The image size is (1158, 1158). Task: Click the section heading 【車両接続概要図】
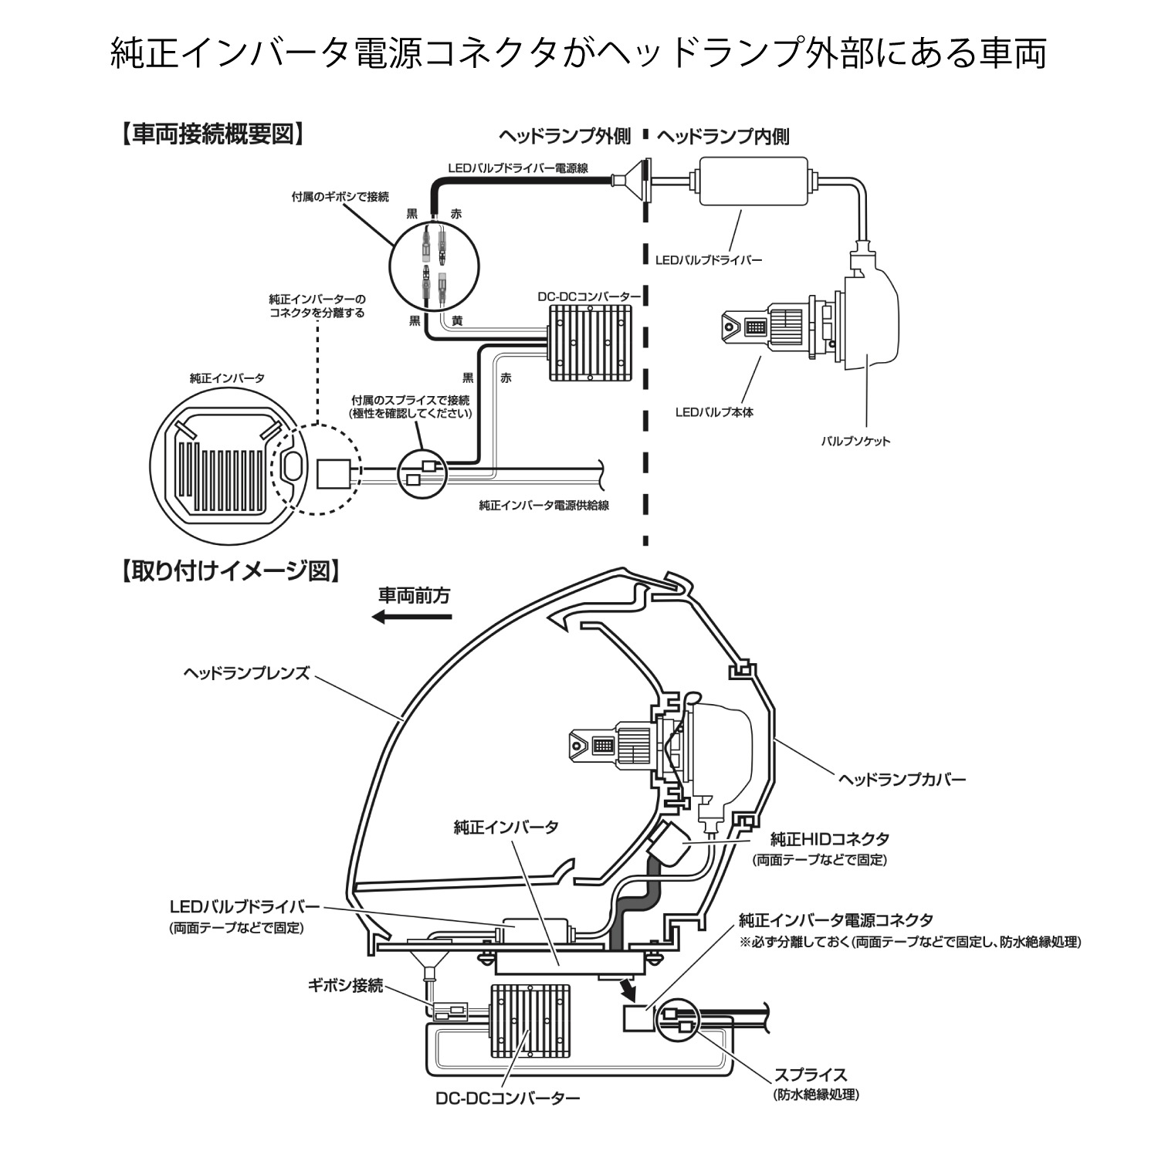coord(212,134)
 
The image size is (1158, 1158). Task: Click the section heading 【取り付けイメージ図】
coord(230,571)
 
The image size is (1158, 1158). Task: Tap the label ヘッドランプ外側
coord(564,137)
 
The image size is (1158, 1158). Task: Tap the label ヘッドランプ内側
coord(723,137)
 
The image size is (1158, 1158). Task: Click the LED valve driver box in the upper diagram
coord(753,181)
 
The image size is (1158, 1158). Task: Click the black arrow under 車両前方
coord(411,616)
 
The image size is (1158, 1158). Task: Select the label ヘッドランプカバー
coord(902,779)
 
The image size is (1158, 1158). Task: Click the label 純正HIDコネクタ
coord(830,838)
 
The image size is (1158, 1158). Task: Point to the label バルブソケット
coord(855,442)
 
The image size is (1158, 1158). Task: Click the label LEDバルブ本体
coord(714,412)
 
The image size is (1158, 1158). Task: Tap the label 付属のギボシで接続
coord(340,197)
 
